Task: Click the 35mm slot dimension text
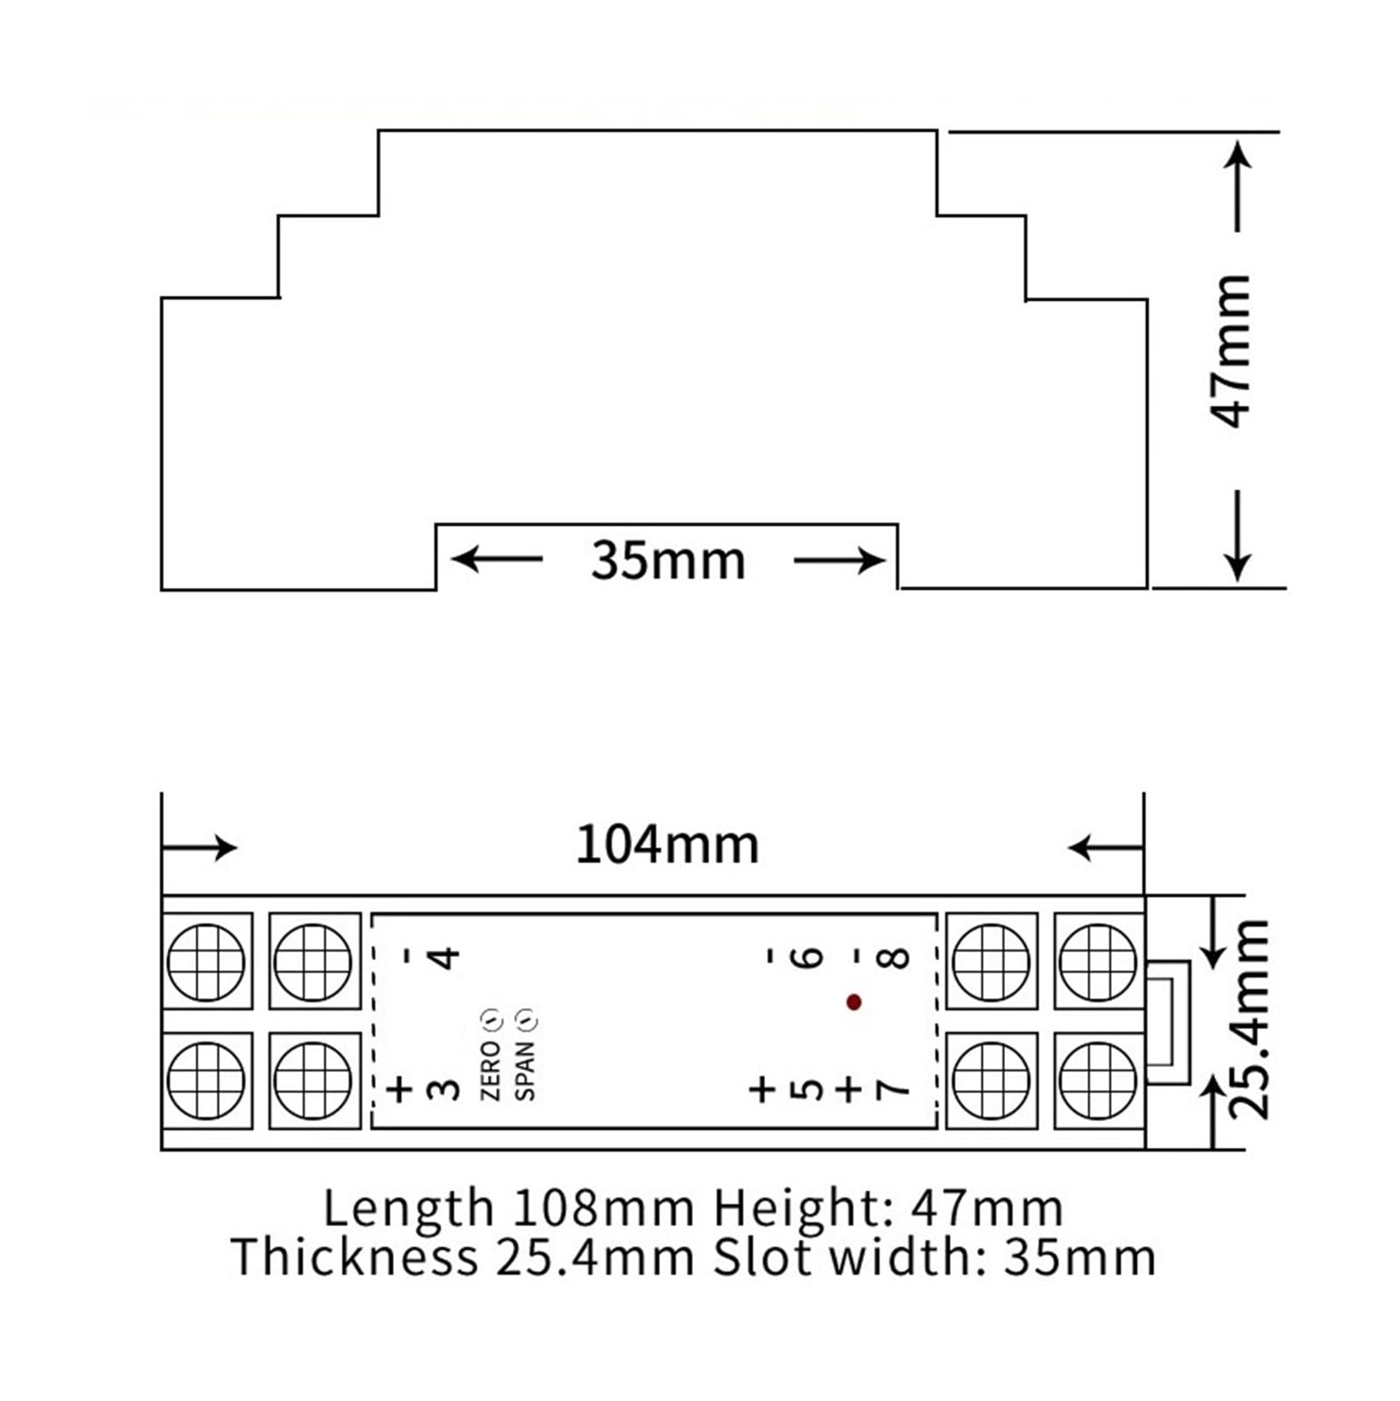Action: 668,560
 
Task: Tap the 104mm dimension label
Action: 667,846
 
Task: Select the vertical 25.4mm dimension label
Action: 1249,1019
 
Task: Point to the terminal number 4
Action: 445,956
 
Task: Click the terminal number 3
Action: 445,1089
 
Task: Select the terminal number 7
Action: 893,1089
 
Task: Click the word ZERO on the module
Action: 490,1069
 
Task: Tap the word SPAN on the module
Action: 525,1069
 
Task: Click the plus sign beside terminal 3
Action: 400,1089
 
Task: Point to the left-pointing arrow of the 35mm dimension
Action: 496,559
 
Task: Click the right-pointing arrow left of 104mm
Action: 200,847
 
